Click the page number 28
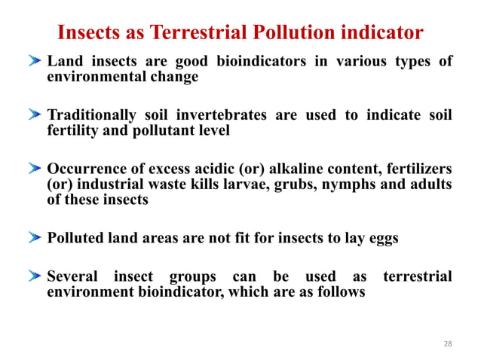click(448, 343)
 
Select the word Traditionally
click(91, 114)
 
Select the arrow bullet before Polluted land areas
click(36, 239)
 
